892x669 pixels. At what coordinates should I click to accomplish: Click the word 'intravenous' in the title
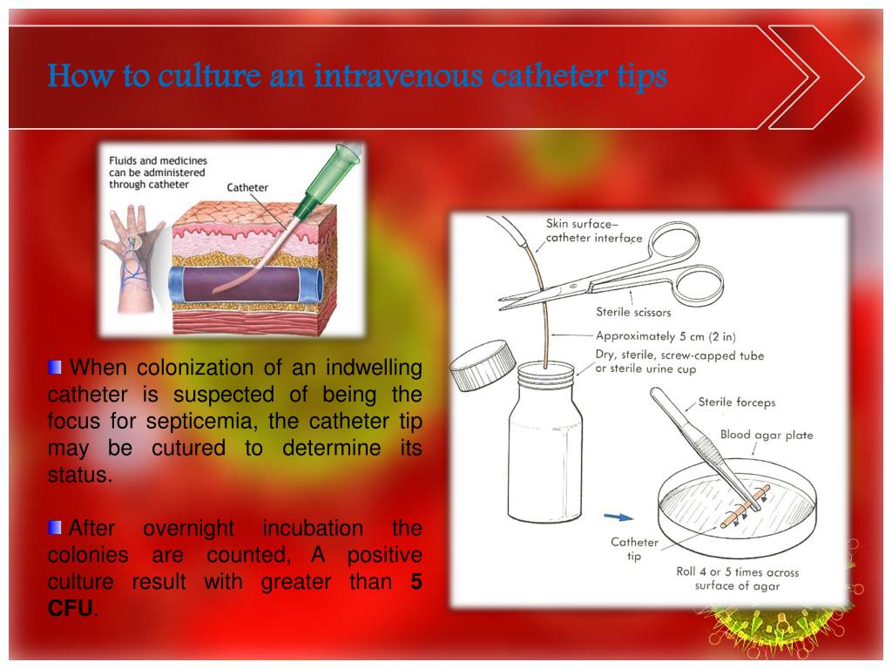point(398,77)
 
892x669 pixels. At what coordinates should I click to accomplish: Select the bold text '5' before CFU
point(416,582)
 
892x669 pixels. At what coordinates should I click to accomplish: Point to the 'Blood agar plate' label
point(767,435)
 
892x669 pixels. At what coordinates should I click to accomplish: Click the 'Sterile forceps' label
point(736,402)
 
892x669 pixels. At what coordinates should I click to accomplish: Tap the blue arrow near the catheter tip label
point(619,517)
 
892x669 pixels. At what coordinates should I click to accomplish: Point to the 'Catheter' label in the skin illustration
point(247,187)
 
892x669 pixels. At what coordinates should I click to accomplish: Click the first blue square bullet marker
point(56,367)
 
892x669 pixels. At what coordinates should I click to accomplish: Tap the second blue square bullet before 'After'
point(56,528)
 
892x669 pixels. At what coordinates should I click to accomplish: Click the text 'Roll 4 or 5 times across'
point(737,572)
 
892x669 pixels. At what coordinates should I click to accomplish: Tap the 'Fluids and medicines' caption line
point(158,160)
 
